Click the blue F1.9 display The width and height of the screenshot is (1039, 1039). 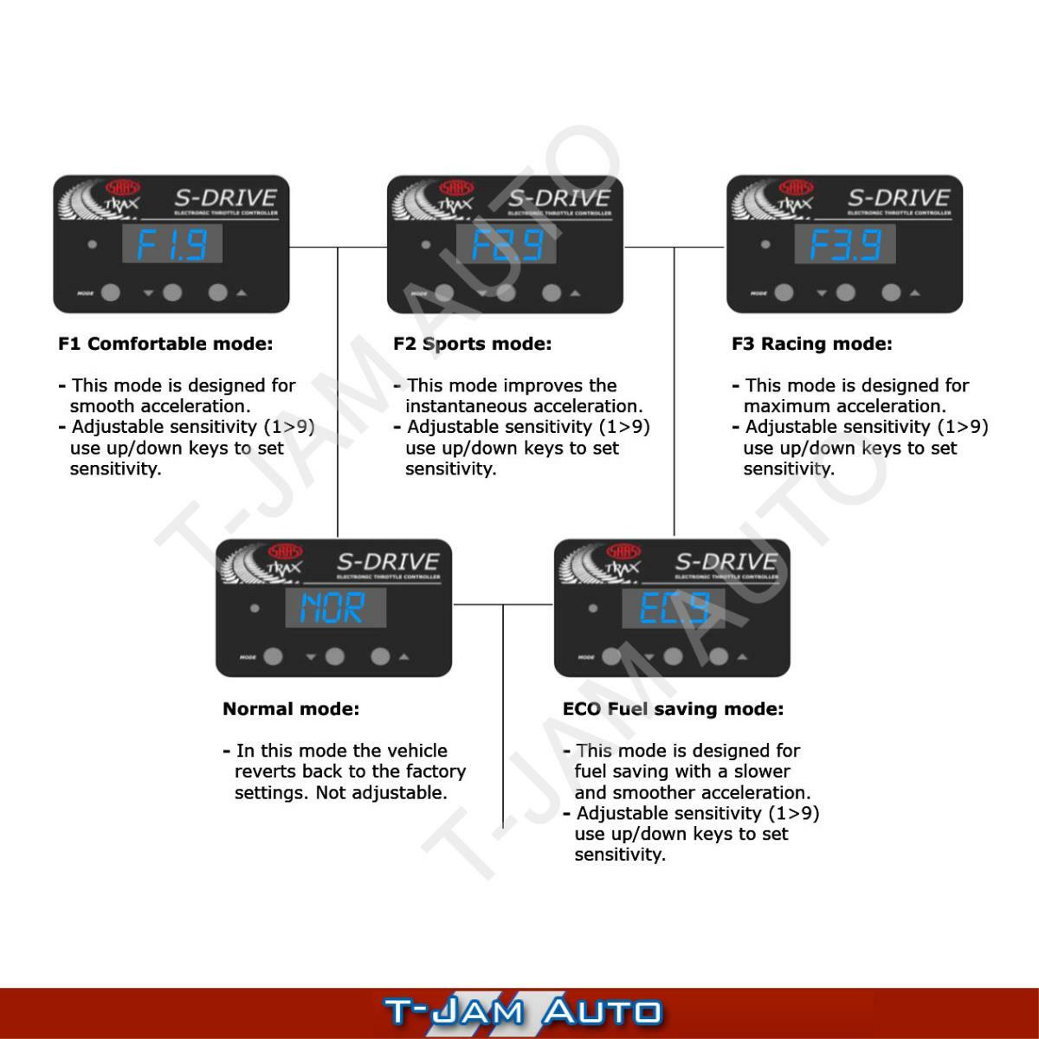pos(171,244)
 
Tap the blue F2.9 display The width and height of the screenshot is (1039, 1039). pos(507,244)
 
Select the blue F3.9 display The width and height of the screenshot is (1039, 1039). pos(845,244)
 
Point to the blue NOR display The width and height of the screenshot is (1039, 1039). pos(335,609)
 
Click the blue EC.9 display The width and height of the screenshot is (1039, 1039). pos(673,609)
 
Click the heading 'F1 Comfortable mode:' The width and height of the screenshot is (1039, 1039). pos(165,344)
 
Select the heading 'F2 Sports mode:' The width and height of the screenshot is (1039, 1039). pos(472,344)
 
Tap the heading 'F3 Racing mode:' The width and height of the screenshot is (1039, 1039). pos(811,344)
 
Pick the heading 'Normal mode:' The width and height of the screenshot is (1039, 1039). pos(291,709)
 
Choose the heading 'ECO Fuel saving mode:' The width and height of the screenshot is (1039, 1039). pos(673,709)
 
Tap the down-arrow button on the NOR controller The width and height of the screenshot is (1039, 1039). pos(335,657)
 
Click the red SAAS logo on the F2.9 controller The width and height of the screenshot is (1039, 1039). pos(456,188)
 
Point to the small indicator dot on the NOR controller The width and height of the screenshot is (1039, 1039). pos(255,609)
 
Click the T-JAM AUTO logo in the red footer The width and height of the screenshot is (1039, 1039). pos(522,1012)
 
